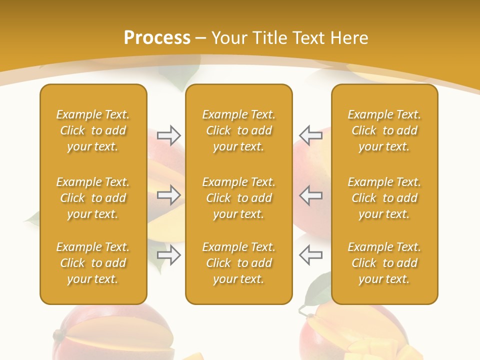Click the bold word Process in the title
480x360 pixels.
pyautogui.click(x=157, y=38)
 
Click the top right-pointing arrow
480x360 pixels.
pyautogui.click(x=168, y=135)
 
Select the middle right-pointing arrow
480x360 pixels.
pyautogui.click(x=168, y=195)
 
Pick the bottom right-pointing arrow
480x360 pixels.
pyautogui.click(x=168, y=255)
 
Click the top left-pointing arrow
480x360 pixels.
pyautogui.click(x=310, y=135)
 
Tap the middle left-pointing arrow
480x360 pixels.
pyautogui.click(x=310, y=195)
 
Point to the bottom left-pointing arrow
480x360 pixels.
pyautogui.click(x=310, y=254)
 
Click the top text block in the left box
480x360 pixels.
pyautogui.click(x=93, y=130)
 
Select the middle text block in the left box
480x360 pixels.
pyautogui.click(x=93, y=198)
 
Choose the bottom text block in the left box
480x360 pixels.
pyautogui.click(x=93, y=263)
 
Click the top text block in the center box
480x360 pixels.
pyautogui.click(x=239, y=130)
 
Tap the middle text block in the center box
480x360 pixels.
pyautogui.click(x=239, y=198)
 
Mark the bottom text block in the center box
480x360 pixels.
pyautogui.click(x=239, y=263)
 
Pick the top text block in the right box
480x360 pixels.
pyautogui.click(x=384, y=130)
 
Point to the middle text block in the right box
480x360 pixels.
pyautogui.click(x=384, y=198)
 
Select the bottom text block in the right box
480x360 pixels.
pyautogui.click(x=384, y=263)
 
